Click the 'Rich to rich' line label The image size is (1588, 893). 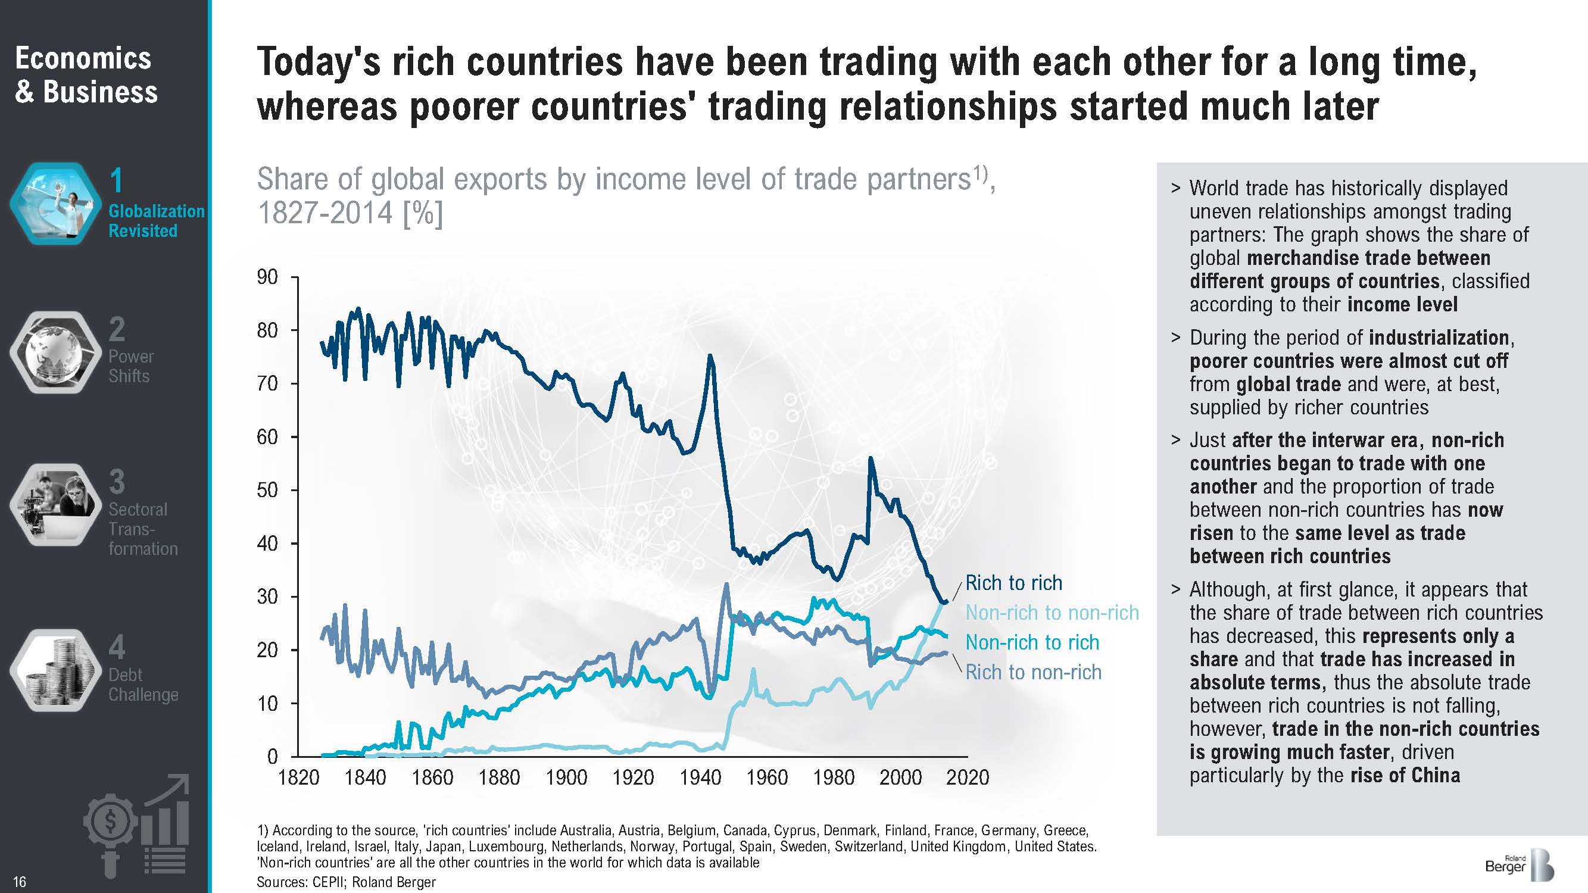click(1013, 582)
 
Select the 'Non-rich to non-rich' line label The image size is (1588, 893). click(1052, 613)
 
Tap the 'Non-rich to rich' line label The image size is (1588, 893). click(1032, 642)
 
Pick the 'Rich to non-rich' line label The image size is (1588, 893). click(1033, 672)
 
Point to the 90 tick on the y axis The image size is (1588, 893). click(267, 277)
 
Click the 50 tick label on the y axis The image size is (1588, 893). click(267, 491)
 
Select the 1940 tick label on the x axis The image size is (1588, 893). click(700, 778)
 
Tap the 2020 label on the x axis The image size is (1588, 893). click(967, 778)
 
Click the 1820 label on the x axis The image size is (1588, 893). click(299, 778)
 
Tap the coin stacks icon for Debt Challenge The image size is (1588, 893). click(55, 670)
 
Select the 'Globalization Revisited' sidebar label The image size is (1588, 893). click(156, 221)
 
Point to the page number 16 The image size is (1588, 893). click(20, 882)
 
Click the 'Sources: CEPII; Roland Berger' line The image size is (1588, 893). click(346, 882)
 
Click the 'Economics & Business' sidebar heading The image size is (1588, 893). click(86, 75)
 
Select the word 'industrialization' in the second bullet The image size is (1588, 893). click(1439, 338)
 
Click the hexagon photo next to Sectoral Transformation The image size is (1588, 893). click(55, 505)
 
